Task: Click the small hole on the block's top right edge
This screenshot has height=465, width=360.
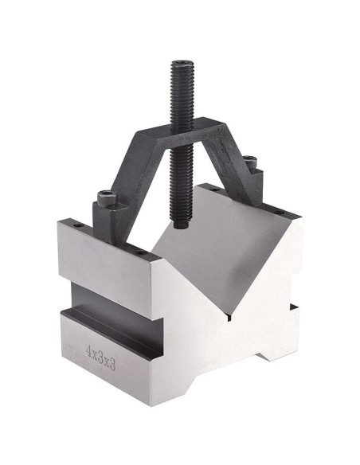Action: tap(286, 213)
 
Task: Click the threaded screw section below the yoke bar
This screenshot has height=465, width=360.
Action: tap(182, 183)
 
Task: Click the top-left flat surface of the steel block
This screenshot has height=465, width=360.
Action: tap(112, 239)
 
